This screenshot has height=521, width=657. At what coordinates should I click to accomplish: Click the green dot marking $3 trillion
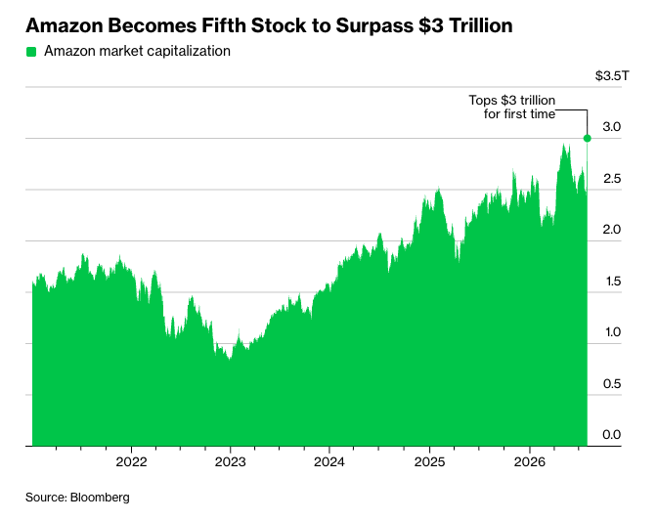click(587, 138)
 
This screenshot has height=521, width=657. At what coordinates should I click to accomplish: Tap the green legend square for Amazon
click(31, 52)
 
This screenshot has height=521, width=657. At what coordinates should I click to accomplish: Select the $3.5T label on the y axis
click(612, 76)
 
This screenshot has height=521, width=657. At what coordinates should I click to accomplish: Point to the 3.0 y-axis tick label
click(612, 127)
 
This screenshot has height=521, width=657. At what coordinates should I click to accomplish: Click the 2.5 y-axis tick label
click(612, 179)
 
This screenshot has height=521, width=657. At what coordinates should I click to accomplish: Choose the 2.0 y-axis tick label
click(612, 230)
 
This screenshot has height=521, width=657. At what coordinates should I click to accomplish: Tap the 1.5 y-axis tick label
click(613, 281)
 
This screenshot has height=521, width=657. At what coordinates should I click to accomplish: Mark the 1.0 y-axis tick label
click(613, 332)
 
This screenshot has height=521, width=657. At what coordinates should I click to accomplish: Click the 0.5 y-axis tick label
click(612, 383)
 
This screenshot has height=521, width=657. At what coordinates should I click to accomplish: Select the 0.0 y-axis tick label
click(612, 435)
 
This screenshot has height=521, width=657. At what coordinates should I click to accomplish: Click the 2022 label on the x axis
click(132, 462)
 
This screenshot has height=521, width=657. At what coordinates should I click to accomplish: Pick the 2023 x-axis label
click(231, 462)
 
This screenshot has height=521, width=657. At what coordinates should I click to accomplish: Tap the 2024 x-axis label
click(329, 462)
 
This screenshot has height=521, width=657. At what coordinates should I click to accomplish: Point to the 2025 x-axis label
click(429, 462)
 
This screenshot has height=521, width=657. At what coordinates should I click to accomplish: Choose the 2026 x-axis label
click(530, 462)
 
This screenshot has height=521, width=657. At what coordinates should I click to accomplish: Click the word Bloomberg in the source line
click(100, 498)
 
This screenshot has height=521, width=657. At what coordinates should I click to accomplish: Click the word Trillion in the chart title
click(481, 25)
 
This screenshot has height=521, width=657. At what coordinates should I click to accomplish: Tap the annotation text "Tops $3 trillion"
click(512, 101)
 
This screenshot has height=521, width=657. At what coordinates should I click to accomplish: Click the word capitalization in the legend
click(189, 51)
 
